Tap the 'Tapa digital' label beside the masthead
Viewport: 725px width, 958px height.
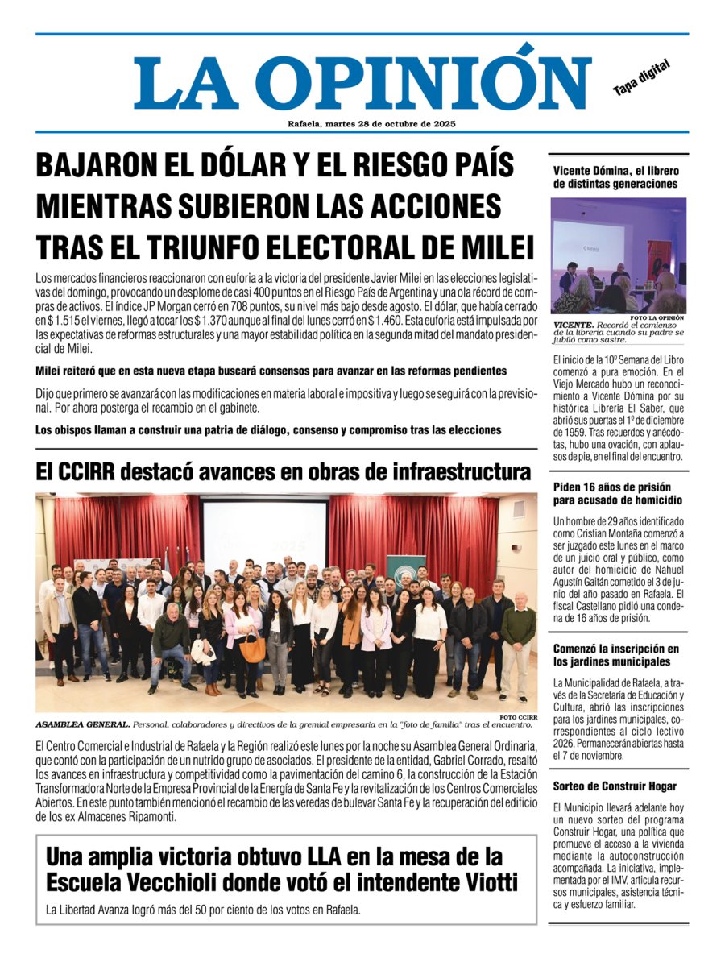(x=641, y=78)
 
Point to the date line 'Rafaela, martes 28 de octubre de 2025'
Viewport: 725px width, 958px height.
(x=362, y=124)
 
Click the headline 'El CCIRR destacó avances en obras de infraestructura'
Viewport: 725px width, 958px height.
(x=284, y=471)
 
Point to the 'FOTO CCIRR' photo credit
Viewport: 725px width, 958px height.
(x=517, y=716)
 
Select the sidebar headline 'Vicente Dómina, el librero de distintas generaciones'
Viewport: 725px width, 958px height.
(x=615, y=177)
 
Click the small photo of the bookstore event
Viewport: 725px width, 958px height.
(x=619, y=255)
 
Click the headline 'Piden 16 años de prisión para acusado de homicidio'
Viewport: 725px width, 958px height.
(x=612, y=494)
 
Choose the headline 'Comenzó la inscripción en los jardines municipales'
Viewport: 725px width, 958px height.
(x=616, y=656)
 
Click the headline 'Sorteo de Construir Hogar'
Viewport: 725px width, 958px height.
(x=615, y=786)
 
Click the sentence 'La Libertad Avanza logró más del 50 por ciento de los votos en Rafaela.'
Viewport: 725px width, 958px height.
(x=203, y=910)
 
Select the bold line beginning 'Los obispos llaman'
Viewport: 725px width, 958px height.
(x=268, y=430)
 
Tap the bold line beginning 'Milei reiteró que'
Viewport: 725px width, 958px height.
(x=271, y=371)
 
